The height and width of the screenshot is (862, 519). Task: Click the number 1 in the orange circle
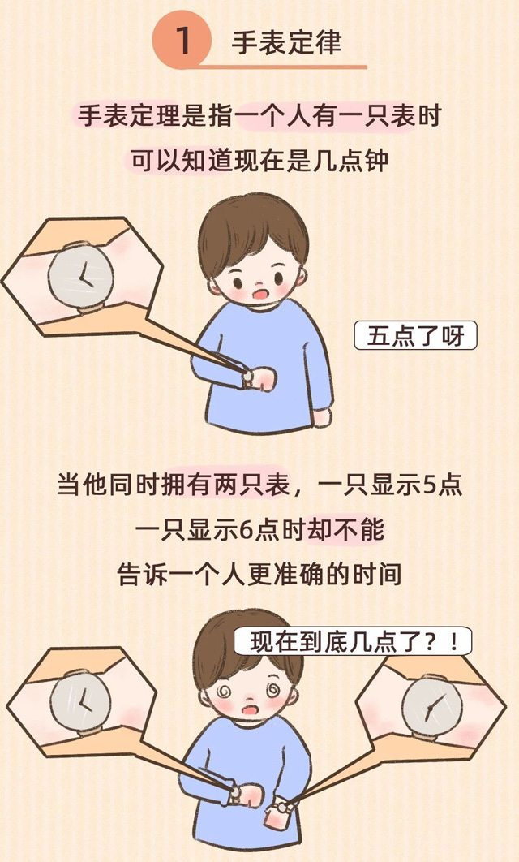tap(183, 41)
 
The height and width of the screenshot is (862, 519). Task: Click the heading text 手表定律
tap(287, 42)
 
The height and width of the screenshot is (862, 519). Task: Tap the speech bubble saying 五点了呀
tap(416, 336)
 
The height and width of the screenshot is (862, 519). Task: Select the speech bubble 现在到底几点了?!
tap(353, 641)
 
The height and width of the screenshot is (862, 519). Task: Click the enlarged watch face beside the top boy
tap(81, 276)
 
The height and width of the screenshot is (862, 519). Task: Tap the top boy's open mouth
tap(259, 294)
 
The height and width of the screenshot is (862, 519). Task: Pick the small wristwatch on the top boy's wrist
tap(247, 378)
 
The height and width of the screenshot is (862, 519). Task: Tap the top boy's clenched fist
tap(263, 379)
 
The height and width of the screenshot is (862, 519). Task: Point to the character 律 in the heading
tap(328, 42)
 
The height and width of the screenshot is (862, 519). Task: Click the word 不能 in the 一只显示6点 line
tap(358, 530)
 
